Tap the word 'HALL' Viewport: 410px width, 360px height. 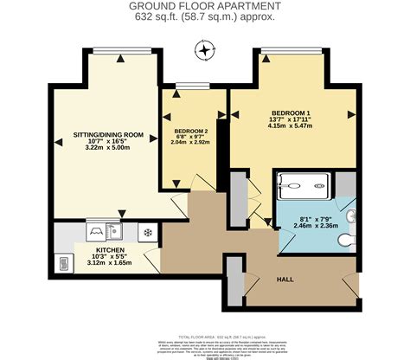(x=285, y=280)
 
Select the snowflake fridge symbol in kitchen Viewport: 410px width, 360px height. (x=147, y=232)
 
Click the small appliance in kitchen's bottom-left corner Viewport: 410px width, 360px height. (x=63, y=263)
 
